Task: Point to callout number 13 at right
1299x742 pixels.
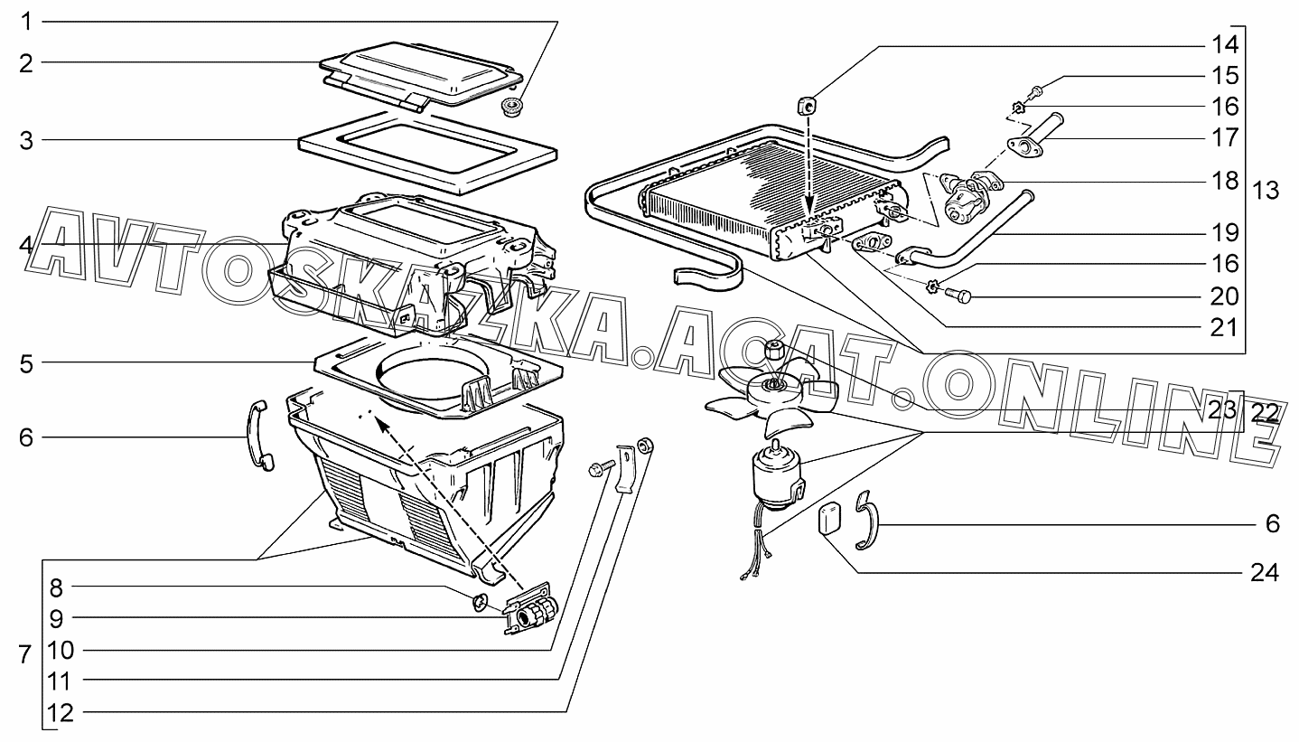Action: pos(1265,191)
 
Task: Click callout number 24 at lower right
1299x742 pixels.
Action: pos(1265,573)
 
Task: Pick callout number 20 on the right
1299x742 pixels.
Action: pos(1224,296)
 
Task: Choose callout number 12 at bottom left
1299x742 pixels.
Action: pos(60,712)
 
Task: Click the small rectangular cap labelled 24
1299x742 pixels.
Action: pos(828,518)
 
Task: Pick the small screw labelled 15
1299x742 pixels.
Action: pos(1037,90)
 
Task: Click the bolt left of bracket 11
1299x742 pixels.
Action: pos(601,468)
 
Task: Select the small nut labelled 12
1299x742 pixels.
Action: pos(644,445)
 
